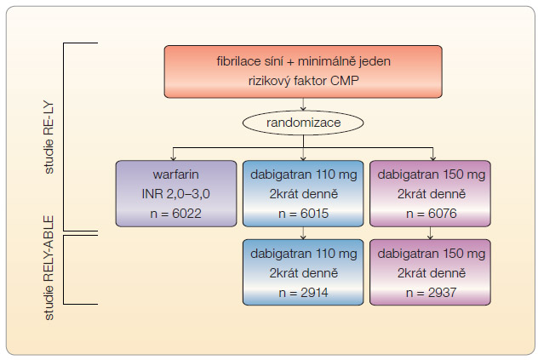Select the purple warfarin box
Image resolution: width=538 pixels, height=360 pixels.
click(x=176, y=193)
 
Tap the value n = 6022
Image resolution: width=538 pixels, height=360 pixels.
click(x=175, y=214)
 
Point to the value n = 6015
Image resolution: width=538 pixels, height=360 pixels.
click(x=303, y=214)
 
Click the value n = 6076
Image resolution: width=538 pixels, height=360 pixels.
click(x=432, y=214)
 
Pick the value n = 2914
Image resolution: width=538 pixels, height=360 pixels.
click(x=303, y=293)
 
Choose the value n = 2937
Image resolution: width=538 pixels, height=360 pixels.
click(x=432, y=293)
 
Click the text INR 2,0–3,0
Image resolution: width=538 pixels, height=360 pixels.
click(x=175, y=194)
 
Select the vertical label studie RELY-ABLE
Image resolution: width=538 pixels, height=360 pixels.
click(x=49, y=268)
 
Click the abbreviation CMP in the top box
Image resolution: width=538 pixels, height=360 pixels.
click(x=345, y=81)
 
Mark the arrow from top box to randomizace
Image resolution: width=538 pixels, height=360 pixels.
click(x=303, y=105)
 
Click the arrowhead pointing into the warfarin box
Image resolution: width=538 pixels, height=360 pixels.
click(x=174, y=157)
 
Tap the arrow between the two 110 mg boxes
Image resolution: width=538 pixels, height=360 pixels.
click(x=303, y=233)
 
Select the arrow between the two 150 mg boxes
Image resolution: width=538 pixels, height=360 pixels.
click(x=430, y=233)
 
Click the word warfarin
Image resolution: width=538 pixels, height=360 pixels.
click(x=175, y=174)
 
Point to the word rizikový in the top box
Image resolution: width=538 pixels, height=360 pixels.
click(x=269, y=82)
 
